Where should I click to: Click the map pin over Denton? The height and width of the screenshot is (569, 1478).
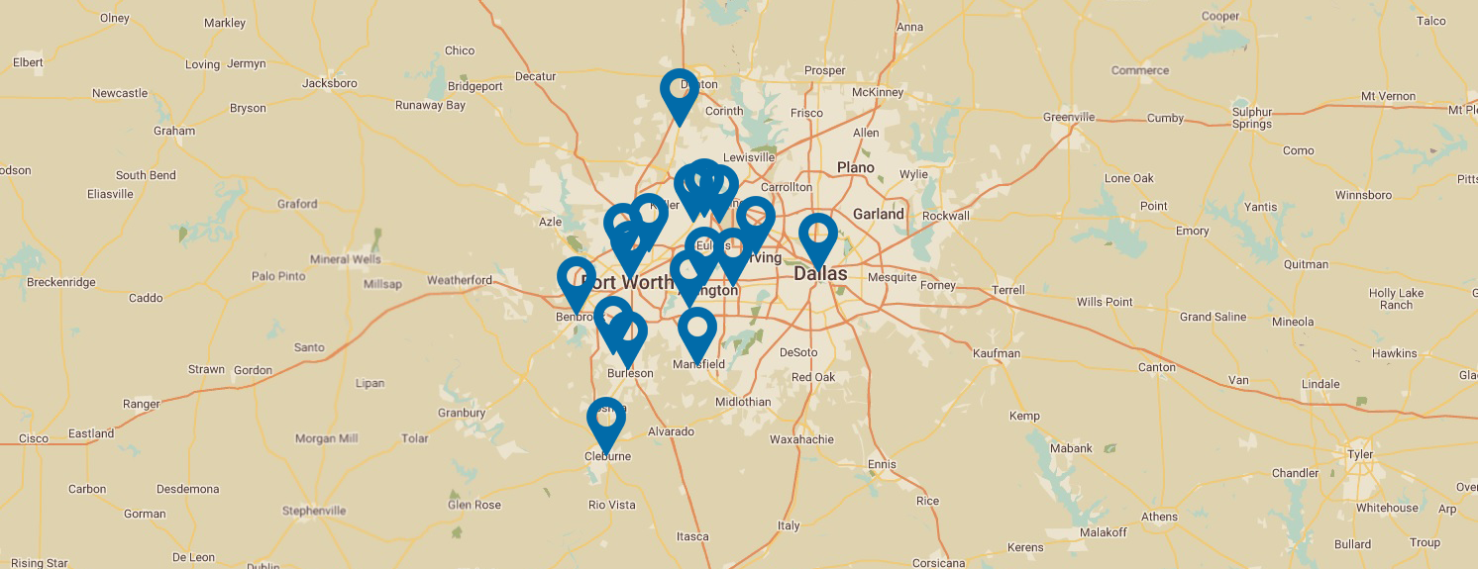pyautogui.click(x=679, y=92)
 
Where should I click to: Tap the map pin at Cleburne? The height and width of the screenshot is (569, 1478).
pyautogui.click(x=606, y=421)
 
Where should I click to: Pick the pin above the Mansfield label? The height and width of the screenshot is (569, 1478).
pyautogui.click(x=697, y=331)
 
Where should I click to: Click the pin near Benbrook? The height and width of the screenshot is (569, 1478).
pyautogui.click(x=576, y=280)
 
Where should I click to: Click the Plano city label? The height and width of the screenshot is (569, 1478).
pyautogui.click(x=855, y=167)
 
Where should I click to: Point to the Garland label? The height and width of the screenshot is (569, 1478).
pyautogui.click(x=878, y=214)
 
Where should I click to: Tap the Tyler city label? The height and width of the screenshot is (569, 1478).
pyautogui.click(x=1360, y=454)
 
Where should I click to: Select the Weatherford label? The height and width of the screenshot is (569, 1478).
pyautogui.click(x=460, y=280)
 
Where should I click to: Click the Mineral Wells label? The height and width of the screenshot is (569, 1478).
pyautogui.click(x=345, y=259)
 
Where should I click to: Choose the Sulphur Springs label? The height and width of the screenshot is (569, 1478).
pyautogui.click(x=1252, y=118)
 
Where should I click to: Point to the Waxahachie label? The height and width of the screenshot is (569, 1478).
pyautogui.click(x=801, y=439)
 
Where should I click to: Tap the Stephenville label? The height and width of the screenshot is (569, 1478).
pyautogui.click(x=314, y=511)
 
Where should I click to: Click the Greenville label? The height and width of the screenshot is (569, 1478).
pyautogui.click(x=1069, y=117)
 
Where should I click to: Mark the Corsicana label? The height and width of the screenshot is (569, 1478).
pyautogui.click(x=938, y=563)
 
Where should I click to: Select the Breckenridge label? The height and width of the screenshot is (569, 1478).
pyautogui.click(x=61, y=282)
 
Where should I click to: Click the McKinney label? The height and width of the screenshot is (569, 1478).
pyautogui.click(x=878, y=93)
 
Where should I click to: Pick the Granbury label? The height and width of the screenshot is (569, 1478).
pyautogui.click(x=461, y=413)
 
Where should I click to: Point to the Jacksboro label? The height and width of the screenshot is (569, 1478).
pyautogui.click(x=329, y=83)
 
